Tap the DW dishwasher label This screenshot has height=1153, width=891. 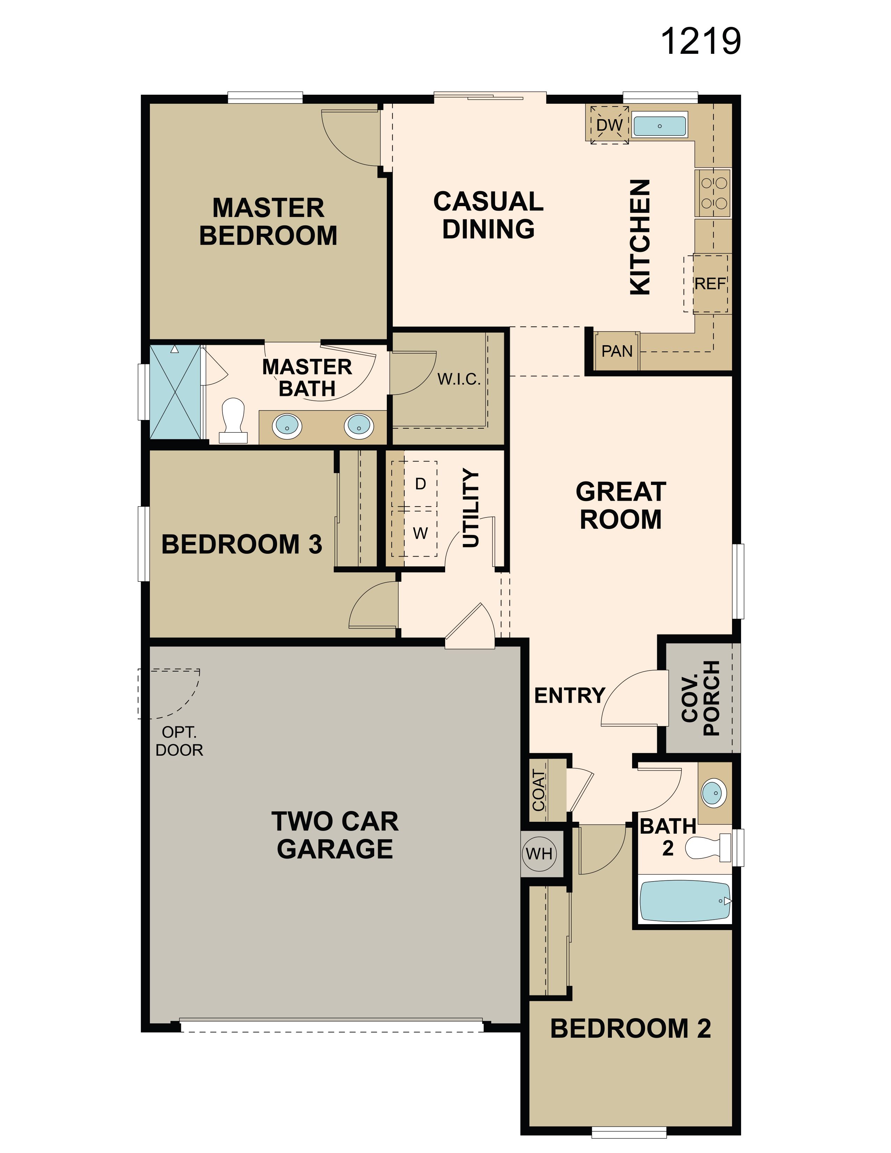(x=610, y=125)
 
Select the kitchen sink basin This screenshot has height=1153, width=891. (x=659, y=126)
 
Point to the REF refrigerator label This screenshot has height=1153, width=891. (x=710, y=284)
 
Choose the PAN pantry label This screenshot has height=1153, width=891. (x=616, y=351)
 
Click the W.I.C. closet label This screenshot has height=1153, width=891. (x=459, y=379)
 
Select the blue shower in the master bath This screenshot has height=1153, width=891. (x=176, y=392)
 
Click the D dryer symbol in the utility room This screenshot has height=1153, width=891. (x=420, y=484)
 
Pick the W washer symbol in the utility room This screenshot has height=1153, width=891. (x=420, y=533)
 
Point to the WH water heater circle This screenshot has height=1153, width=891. (x=539, y=853)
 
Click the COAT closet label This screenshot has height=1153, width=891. (x=538, y=790)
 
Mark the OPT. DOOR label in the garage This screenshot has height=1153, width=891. (x=179, y=741)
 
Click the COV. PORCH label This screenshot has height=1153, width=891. (x=701, y=698)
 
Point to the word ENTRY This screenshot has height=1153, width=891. (x=570, y=695)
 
